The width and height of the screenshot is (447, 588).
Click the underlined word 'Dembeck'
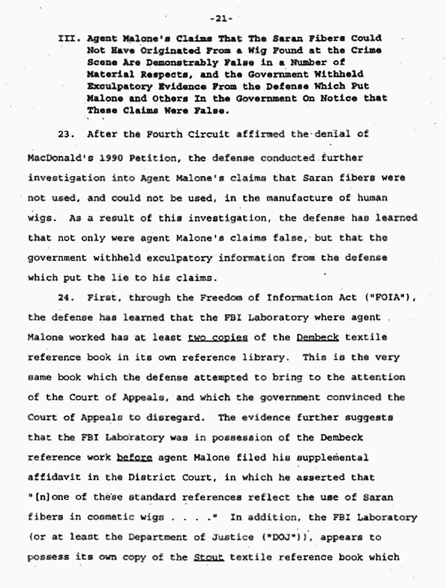[318, 337]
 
